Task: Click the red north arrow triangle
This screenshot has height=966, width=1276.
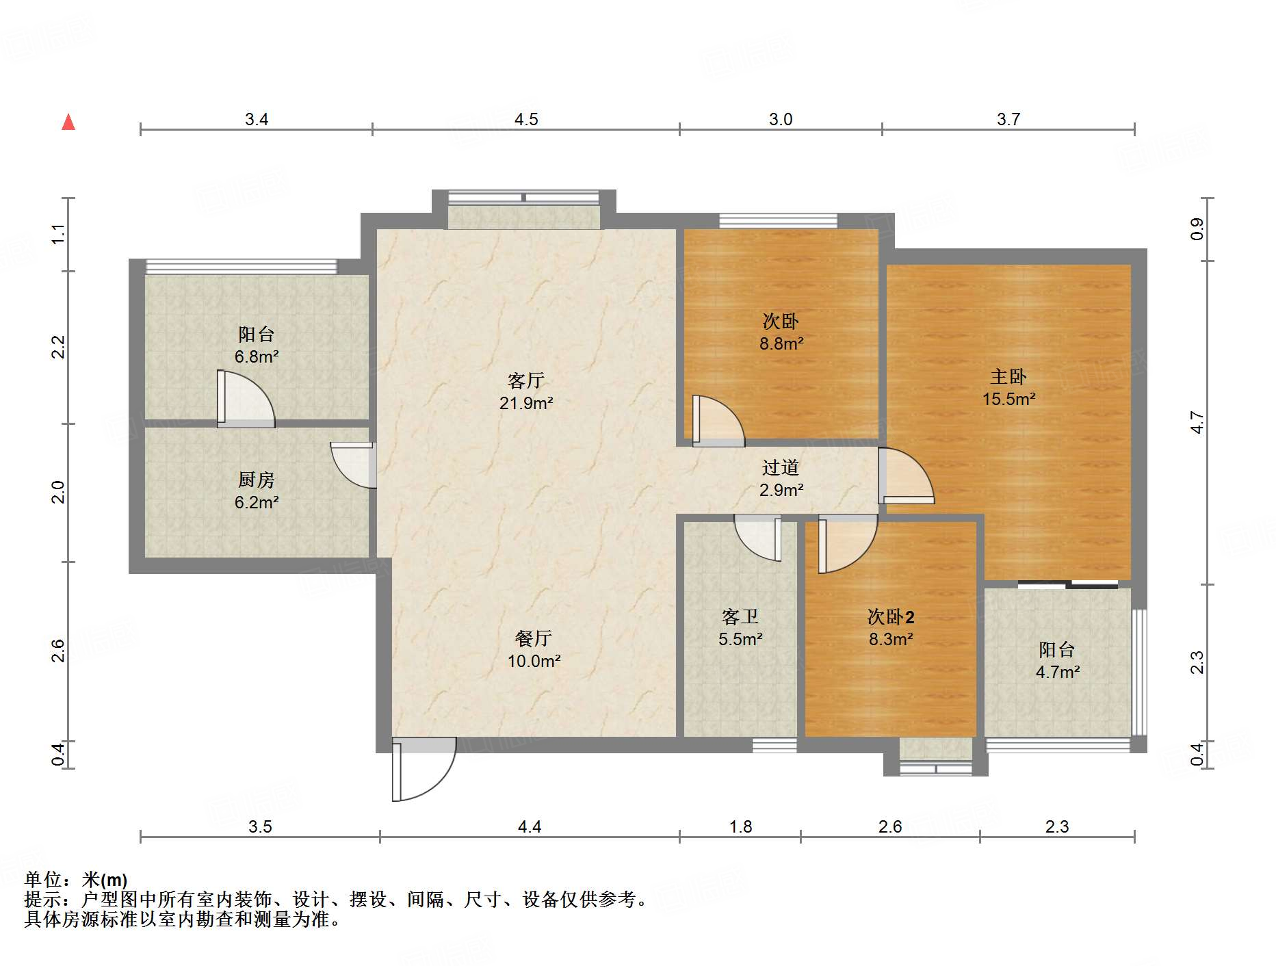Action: click(68, 122)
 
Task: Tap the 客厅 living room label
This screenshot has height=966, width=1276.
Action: click(525, 380)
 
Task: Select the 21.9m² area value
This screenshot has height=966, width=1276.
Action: click(525, 403)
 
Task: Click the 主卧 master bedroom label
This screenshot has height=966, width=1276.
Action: click(1008, 376)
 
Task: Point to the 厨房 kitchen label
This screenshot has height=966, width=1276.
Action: click(257, 480)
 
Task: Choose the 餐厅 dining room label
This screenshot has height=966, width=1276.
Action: click(534, 638)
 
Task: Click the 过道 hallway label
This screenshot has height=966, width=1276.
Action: click(781, 467)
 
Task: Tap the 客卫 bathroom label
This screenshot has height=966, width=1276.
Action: click(740, 617)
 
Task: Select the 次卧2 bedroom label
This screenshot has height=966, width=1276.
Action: click(891, 617)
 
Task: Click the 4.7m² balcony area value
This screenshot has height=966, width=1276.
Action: click(1058, 672)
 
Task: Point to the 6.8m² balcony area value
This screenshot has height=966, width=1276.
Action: click(257, 356)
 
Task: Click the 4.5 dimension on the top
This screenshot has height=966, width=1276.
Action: click(526, 120)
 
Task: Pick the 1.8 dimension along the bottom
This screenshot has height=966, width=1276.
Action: click(740, 826)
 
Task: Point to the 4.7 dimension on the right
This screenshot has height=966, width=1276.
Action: click(1197, 422)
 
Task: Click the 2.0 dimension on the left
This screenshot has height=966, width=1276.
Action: click(59, 492)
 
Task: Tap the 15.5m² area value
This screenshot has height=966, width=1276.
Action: click(1008, 399)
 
